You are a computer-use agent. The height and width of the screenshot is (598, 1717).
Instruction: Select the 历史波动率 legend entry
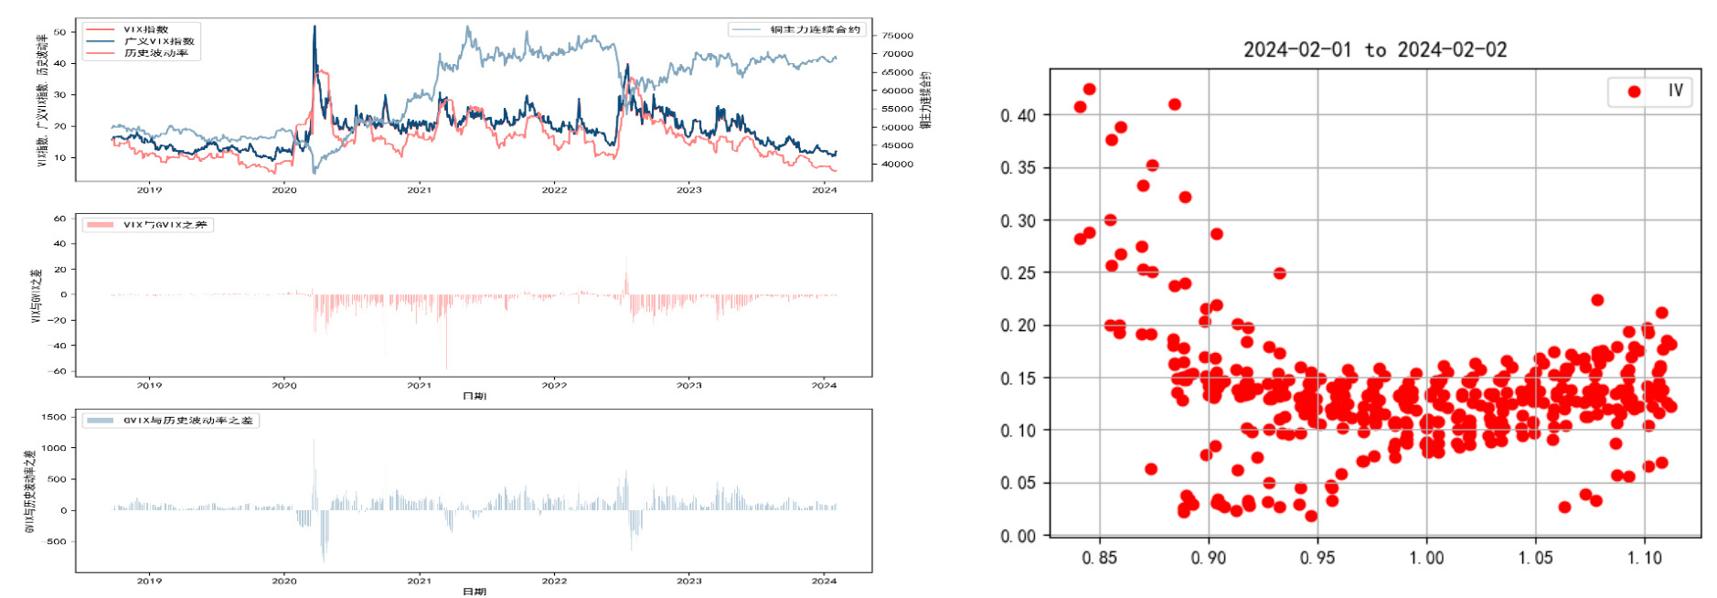(156, 53)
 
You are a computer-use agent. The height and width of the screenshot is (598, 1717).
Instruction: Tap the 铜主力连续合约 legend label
(815, 29)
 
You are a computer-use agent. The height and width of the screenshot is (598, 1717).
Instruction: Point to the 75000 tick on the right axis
(897, 36)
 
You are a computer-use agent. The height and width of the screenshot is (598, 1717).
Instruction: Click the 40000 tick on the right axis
(897, 165)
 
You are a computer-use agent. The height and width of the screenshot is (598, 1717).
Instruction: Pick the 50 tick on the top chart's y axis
(60, 32)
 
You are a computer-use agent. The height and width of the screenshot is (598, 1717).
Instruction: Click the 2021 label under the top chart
(419, 190)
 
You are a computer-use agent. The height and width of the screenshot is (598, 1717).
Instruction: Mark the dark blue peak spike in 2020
(315, 27)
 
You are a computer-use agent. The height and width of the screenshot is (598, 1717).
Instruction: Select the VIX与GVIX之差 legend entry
(165, 225)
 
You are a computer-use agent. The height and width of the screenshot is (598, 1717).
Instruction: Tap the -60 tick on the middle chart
(59, 371)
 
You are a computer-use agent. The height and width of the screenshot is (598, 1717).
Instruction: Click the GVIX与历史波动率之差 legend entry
(187, 421)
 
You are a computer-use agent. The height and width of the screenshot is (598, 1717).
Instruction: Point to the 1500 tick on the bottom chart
(55, 417)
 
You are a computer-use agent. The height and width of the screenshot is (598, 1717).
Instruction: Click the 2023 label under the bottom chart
(688, 581)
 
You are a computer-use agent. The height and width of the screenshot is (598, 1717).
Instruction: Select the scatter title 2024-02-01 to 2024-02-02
(1374, 50)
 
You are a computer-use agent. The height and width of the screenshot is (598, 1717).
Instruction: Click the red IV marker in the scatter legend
(1634, 91)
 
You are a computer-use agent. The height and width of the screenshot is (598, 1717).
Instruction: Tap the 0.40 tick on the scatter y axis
(1018, 115)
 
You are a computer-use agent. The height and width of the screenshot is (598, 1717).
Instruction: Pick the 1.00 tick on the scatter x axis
(1426, 558)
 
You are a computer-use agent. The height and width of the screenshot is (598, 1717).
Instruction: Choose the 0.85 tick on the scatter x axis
(1099, 558)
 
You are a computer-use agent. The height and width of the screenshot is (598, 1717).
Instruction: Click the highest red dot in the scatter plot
(1089, 90)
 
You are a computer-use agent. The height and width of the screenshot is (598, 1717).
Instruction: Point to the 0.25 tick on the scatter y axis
(1018, 273)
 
